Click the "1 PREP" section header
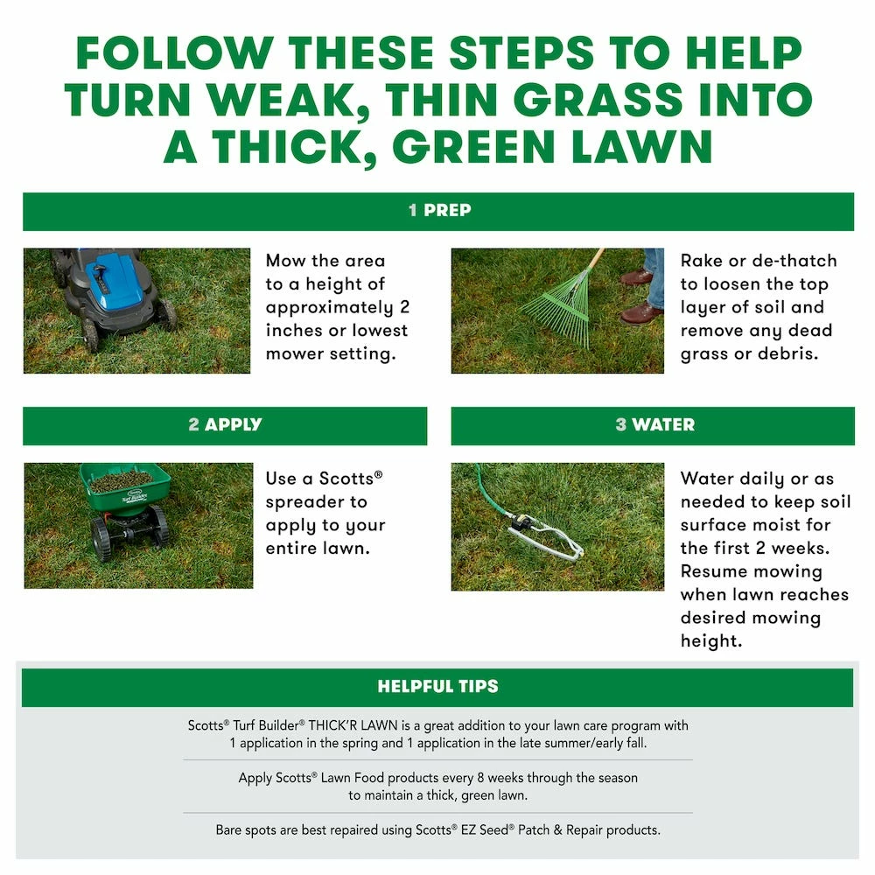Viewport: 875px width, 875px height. click(x=438, y=211)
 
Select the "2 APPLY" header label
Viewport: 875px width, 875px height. click(x=225, y=425)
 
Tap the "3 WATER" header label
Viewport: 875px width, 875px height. click(x=654, y=425)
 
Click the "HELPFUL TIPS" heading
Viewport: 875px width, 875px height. click(x=437, y=687)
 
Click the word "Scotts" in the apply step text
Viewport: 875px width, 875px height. click(x=346, y=479)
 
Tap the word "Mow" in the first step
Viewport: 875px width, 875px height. click(x=286, y=261)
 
